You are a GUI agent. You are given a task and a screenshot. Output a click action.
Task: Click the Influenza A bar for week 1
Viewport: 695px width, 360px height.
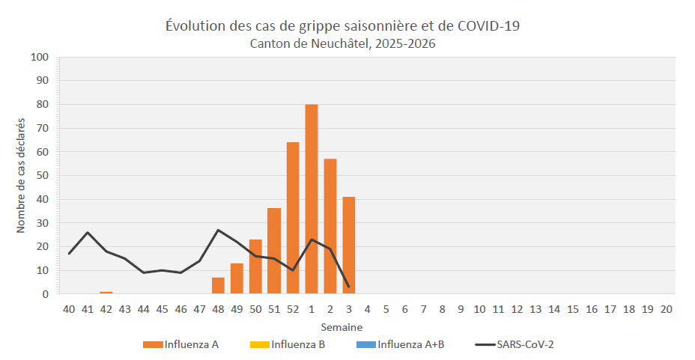pos(312,199)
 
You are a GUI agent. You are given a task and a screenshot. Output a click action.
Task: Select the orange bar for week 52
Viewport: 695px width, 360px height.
pos(293,218)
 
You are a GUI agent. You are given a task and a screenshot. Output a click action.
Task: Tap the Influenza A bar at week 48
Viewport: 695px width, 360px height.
pos(218,286)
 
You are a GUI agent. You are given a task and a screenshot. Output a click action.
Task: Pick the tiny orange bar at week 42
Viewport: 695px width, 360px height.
pos(106,293)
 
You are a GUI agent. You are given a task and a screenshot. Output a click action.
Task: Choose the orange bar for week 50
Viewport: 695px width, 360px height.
pos(255,266)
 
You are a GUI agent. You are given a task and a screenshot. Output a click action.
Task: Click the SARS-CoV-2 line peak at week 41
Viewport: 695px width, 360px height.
pos(88,232)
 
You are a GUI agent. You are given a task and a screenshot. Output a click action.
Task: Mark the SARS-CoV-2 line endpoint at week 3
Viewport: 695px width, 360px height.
pos(349,287)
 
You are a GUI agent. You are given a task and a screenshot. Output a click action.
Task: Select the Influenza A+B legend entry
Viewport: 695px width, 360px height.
pos(410,344)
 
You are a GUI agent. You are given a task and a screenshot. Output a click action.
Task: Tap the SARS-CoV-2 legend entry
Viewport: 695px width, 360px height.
pos(523,344)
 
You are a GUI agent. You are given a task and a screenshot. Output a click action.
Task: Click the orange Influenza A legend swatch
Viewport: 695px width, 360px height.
pos(153,345)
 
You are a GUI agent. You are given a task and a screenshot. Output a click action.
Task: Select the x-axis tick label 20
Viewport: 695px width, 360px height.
pos(666,310)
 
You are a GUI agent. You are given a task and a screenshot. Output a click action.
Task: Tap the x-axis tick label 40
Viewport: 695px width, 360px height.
pos(69,310)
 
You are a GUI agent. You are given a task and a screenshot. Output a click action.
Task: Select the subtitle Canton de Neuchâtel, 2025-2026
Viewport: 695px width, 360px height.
pos(342,43)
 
